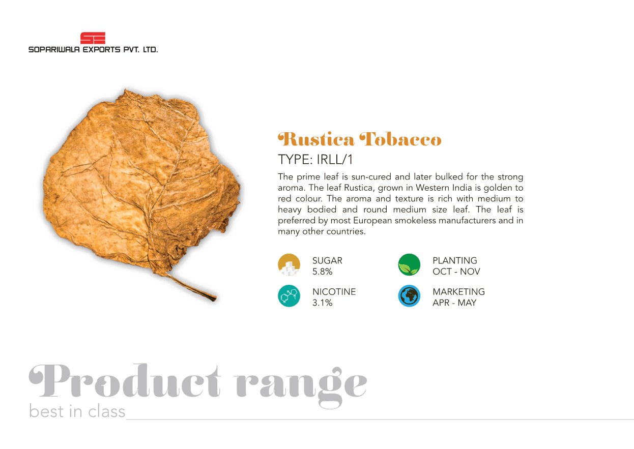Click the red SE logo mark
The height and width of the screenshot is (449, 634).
tap(93, 38)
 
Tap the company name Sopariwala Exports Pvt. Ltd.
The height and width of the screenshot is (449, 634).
tap(93, 50)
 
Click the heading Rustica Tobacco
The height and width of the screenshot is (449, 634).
tap(359, 139)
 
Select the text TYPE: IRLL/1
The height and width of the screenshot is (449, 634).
tap(315, 160)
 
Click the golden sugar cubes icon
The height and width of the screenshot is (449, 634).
tap(289, 265)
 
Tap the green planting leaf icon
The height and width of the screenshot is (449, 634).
tap(409, 265)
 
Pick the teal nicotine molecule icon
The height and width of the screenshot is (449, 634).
tap(289, 296)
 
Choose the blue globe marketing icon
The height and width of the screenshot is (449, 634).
tap(409, 296)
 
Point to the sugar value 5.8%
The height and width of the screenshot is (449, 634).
tap(323, 272)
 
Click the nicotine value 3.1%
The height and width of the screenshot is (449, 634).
tap(323, 303)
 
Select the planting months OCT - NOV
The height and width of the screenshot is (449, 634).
tap(456, 272)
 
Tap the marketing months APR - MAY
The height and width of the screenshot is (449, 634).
tap(454, 303)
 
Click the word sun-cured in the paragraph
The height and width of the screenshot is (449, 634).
tap(371, 177)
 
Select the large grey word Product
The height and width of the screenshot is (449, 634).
tap(125, 381)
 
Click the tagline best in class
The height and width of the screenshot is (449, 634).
tap(77, 411)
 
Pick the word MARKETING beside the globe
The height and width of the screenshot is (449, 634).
tap(459, 292)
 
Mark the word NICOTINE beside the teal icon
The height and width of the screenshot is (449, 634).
tap(334, 292)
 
